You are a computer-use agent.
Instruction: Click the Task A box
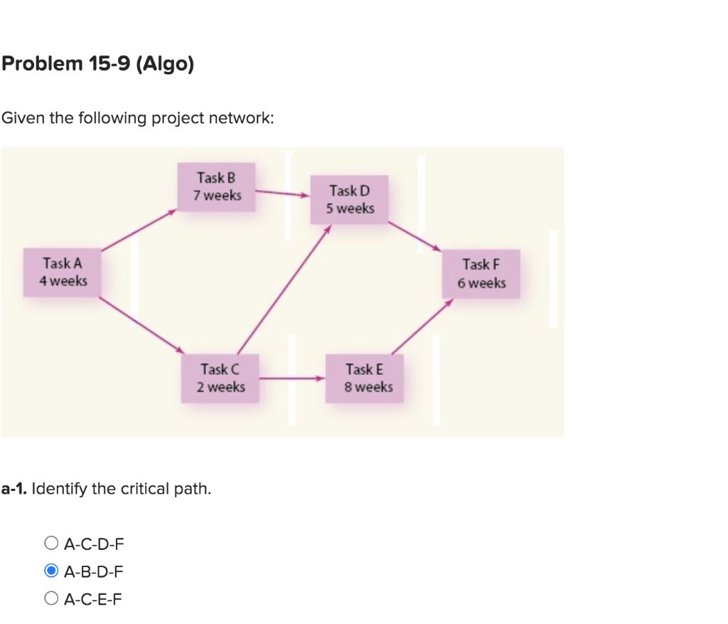63,273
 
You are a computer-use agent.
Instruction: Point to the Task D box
350,200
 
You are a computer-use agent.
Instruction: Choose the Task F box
481,274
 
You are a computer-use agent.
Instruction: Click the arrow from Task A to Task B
138,230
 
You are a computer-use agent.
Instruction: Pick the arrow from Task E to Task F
422,327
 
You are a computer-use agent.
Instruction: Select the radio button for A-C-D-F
50,544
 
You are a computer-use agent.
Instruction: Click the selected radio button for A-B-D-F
50,571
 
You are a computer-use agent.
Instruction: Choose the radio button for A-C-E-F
50,599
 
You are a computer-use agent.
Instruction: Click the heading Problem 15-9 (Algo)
97,64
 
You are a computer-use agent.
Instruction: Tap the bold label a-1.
14,489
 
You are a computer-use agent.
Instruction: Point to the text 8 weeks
369,387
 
